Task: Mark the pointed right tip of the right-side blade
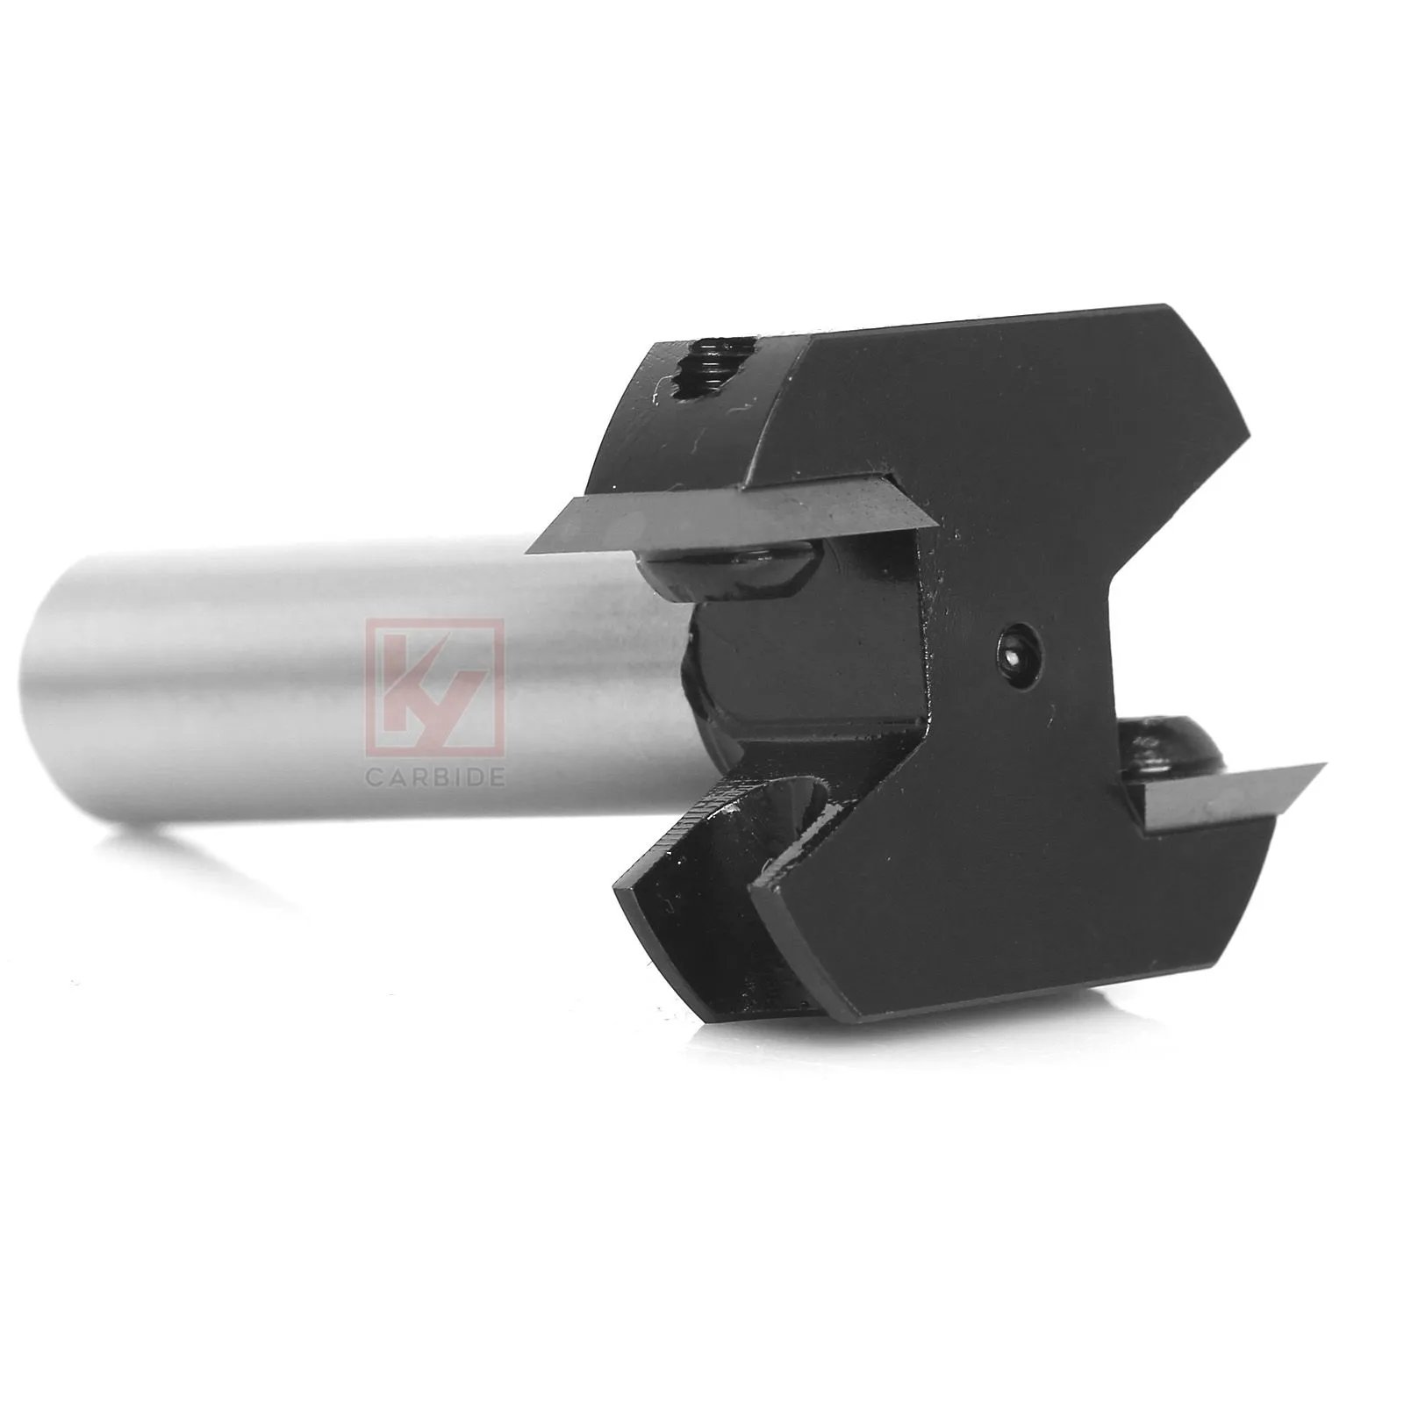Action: (x=1323, y=766)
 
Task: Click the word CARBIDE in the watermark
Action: (x=435, y=777)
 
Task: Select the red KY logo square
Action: (x=435, y=686)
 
